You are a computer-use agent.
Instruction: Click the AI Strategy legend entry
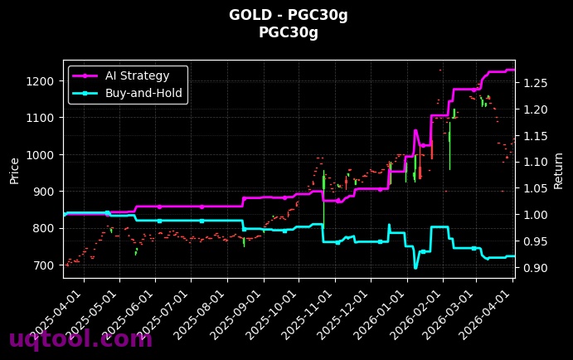[x=137, y=75]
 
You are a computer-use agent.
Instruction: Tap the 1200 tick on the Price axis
[x=42, y=81]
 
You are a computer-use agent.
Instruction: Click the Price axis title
[x=14, y=170]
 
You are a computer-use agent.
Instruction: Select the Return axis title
[x=558, y=170]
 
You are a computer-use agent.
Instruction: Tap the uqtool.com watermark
[x=80, y=338]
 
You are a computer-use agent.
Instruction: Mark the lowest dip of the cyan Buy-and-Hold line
[x=415, y=268]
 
